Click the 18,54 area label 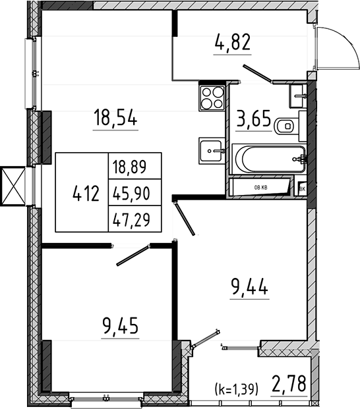point(115,118)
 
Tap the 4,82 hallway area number point(233,43)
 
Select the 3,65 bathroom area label point(253,119)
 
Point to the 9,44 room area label point(249,286)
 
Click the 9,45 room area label point(120,326)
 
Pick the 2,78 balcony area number point(289,384)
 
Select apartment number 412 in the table point(86,194)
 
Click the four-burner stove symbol point(212,98)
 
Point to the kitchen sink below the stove point(212,151)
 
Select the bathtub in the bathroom point(269,159)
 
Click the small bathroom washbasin point(297,96)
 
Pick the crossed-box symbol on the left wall point(13,186)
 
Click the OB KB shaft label point(260,188)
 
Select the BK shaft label point(302,189)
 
